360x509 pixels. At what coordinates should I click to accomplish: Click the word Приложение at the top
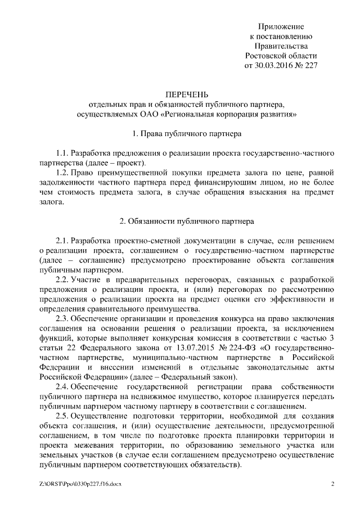click(281, 26)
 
